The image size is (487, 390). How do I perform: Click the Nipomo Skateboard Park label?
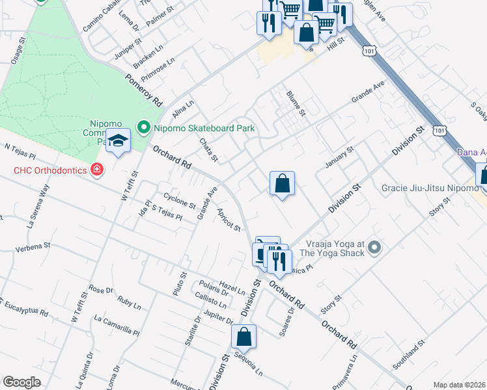(x=204, y=128)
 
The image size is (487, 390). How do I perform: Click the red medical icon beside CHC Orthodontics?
(x=97, y=170)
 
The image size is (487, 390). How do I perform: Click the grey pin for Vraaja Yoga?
(x=374, y=247)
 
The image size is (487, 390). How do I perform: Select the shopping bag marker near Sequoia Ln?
(x=244, y=337)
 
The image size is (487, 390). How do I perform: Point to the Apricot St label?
(x=229, y=219)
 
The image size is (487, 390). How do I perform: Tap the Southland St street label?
(x=408, y=351)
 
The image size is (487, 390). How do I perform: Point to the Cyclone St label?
(x=180, y=200)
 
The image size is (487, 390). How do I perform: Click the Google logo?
(x=22, y=382)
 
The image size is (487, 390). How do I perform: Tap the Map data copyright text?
(x=458, y=385)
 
